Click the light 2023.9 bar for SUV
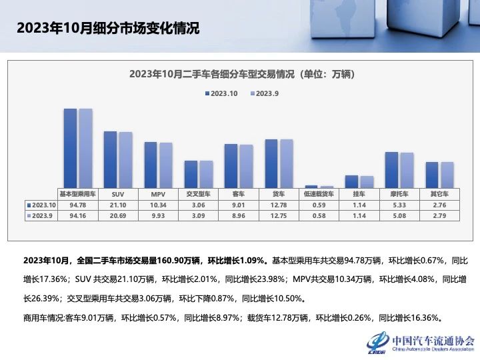tap(125, 160)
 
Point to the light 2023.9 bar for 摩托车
tap(407, 170)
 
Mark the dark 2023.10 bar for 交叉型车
tap(191, 174)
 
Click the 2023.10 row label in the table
tap(42, 205)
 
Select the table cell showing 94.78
tap(78, 205)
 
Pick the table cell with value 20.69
tap(118, 215)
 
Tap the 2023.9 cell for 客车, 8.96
tap(238, 215)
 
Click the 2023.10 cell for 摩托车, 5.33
tap(399, 205)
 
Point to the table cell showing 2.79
tap(439, 215)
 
